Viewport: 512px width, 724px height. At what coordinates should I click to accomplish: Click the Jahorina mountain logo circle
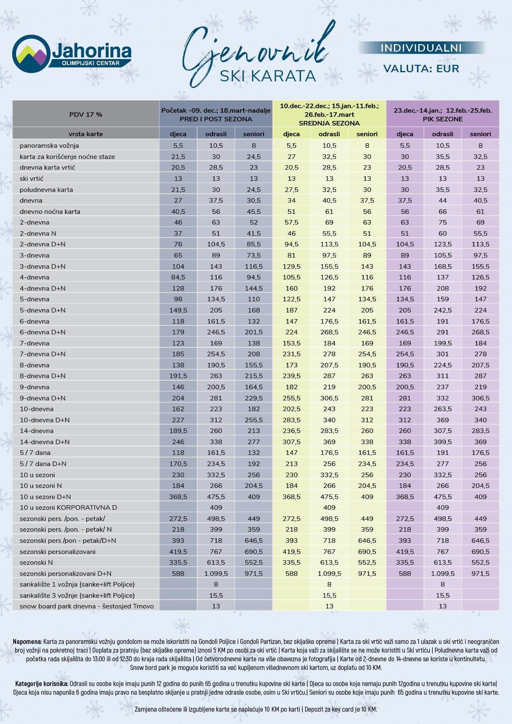(31, 54)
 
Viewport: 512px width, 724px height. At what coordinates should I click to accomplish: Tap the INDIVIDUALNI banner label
(421, 48)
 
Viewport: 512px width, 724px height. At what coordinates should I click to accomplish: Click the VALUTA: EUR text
(421, 69)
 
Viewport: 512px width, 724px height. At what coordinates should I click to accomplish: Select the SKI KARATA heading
(268, 76)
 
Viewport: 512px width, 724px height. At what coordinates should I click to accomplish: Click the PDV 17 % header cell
(86, 114)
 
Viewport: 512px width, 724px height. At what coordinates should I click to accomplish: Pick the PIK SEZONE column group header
(443, 114)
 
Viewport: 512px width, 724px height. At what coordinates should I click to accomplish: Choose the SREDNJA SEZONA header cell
(329, 114)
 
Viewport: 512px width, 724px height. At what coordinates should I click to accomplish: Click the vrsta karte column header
(86, 134)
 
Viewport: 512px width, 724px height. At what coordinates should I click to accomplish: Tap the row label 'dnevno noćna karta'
(50, 211)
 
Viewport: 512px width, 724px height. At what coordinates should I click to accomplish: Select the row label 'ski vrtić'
(31, 178)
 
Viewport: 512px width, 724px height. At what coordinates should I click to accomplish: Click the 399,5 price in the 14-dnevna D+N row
(443, 442)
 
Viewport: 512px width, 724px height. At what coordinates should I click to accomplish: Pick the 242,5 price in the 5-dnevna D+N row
(443, 310)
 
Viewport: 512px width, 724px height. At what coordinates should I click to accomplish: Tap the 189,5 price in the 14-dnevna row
(178, 431)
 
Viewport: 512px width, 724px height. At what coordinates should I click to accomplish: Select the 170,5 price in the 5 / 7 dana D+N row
(178, 464)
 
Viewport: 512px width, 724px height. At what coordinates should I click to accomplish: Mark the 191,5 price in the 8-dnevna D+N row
(178, 376)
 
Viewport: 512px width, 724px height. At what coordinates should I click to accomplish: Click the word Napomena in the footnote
(27, 641)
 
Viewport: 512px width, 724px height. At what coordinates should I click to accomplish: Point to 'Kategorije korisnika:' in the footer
(42, 684)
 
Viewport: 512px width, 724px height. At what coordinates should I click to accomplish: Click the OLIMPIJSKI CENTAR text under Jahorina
(90, 63)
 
